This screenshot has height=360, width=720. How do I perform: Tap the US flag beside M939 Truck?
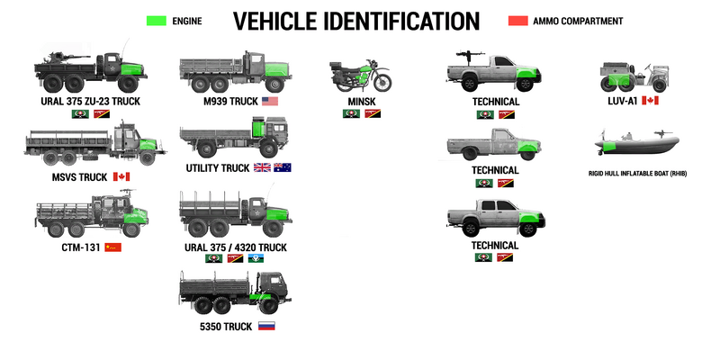(x=271, y=102)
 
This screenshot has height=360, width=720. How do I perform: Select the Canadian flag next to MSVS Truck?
(x=121, y=177)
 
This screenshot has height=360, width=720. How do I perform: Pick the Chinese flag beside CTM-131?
(x=112, y=246)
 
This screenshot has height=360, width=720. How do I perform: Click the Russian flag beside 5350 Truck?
(x=265, y=326)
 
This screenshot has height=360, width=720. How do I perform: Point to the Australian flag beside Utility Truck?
(x=283, y=167)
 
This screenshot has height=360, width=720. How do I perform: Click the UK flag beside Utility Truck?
(x=262, y=167)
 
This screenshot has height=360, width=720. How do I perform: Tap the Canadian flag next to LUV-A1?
(x=650, y=101)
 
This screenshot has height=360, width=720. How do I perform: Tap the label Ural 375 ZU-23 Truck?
(x=89, y=102)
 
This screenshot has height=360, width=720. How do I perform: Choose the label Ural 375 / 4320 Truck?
(x=235, y=246)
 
